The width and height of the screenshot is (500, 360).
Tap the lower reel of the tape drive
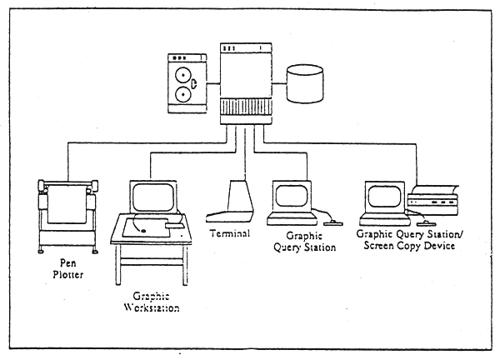182,94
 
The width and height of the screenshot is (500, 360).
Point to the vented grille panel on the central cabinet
247,108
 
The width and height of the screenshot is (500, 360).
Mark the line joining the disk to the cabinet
279,82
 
